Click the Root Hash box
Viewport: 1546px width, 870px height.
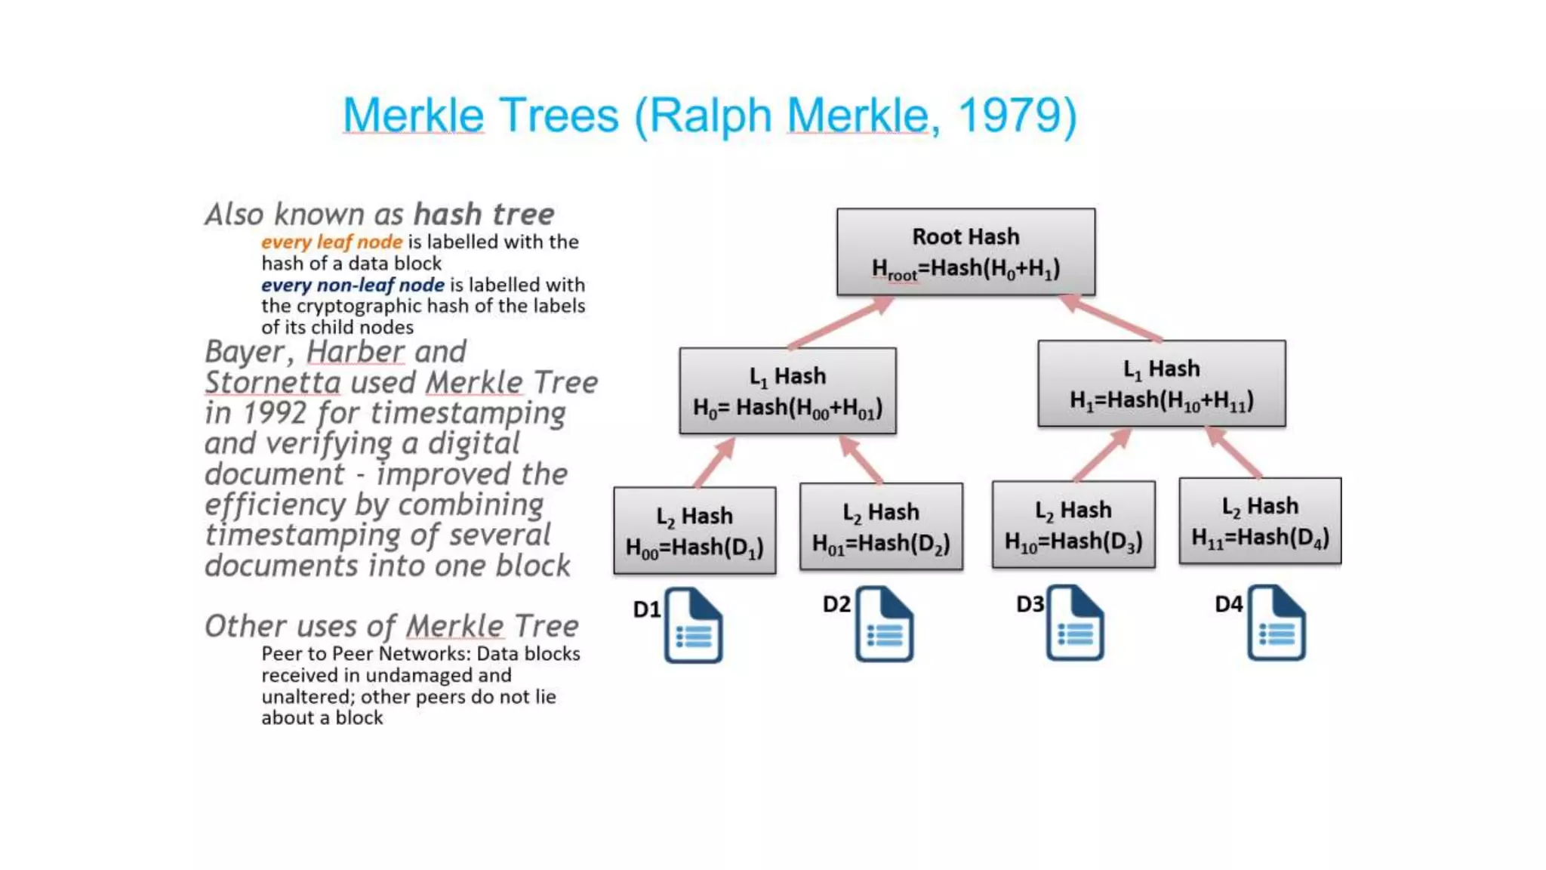[x=965, y=251]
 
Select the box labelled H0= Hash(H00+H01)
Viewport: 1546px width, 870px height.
[x=787, y=390]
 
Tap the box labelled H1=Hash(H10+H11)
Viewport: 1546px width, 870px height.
[x=1161, y=384]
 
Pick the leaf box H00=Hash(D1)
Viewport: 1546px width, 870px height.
[x=694, y=530]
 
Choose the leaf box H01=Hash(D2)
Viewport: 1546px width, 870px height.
[x=881, y=526]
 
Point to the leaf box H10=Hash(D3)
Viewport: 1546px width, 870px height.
[x=1073, y=524]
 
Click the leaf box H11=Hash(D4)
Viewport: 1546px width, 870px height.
[x=1260, y=520]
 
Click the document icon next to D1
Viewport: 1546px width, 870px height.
[x=693, y=625]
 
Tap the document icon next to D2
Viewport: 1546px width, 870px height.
[x=884, y=624]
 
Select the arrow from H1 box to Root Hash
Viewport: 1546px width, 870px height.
[x=1110, y=317]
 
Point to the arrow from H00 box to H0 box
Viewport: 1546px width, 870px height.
[x=714, y=461]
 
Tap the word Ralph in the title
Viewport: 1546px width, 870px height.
[x=710, y=116]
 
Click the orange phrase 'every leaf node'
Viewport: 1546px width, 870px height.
[x=331, y=242]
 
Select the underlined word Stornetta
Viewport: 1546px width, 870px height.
[x=273, y=382]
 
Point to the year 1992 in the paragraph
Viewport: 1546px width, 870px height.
[x=275, y=413]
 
